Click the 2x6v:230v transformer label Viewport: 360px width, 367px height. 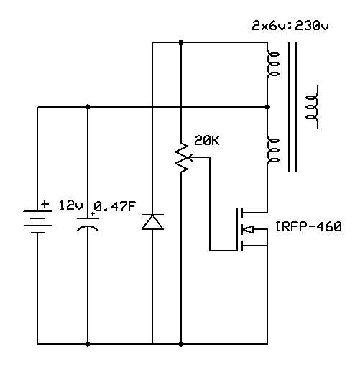[290, 26]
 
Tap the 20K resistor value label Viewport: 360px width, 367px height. [207, 141]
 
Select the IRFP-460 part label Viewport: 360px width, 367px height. [308, 226]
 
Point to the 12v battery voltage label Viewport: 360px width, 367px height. [71, 205]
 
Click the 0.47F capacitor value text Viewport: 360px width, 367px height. [114, 206]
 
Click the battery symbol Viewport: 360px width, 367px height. [37, 222]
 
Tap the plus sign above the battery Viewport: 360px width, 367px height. [45, 204]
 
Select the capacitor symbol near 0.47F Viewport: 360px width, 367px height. [88, 224]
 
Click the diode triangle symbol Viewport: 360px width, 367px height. [152, 222]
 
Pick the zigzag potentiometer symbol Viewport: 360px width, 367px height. [181, 157]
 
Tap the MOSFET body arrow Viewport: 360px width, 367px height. [248, 229]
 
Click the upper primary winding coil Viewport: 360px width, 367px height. [273, 64]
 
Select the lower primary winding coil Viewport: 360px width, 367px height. [273, 150]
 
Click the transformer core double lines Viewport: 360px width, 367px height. [292, 107]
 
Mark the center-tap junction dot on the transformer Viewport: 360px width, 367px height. [267, 107]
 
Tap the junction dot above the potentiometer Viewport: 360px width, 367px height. [181, 42]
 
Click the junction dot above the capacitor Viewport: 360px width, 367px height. [88, 107]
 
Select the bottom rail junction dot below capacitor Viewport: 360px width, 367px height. [88, 344]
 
